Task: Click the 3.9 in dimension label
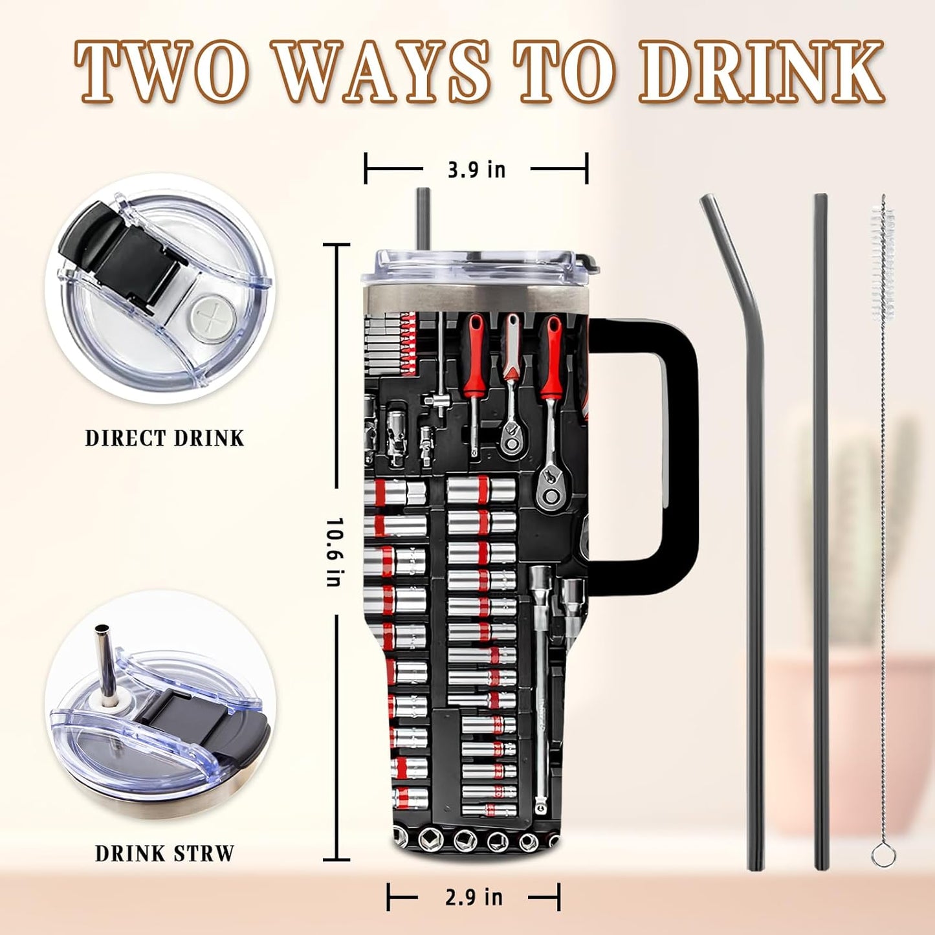coord(476,170)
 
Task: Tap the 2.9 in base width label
coord(474,897)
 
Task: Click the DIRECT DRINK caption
coord(164,438)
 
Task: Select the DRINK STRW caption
coord(164,853)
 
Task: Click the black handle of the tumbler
coord(679,453)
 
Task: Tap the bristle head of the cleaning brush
coord(883,259)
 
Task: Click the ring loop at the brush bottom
coord(883,855)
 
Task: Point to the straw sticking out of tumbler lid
coord(423,217)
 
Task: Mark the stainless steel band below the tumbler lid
coord(476,299)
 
